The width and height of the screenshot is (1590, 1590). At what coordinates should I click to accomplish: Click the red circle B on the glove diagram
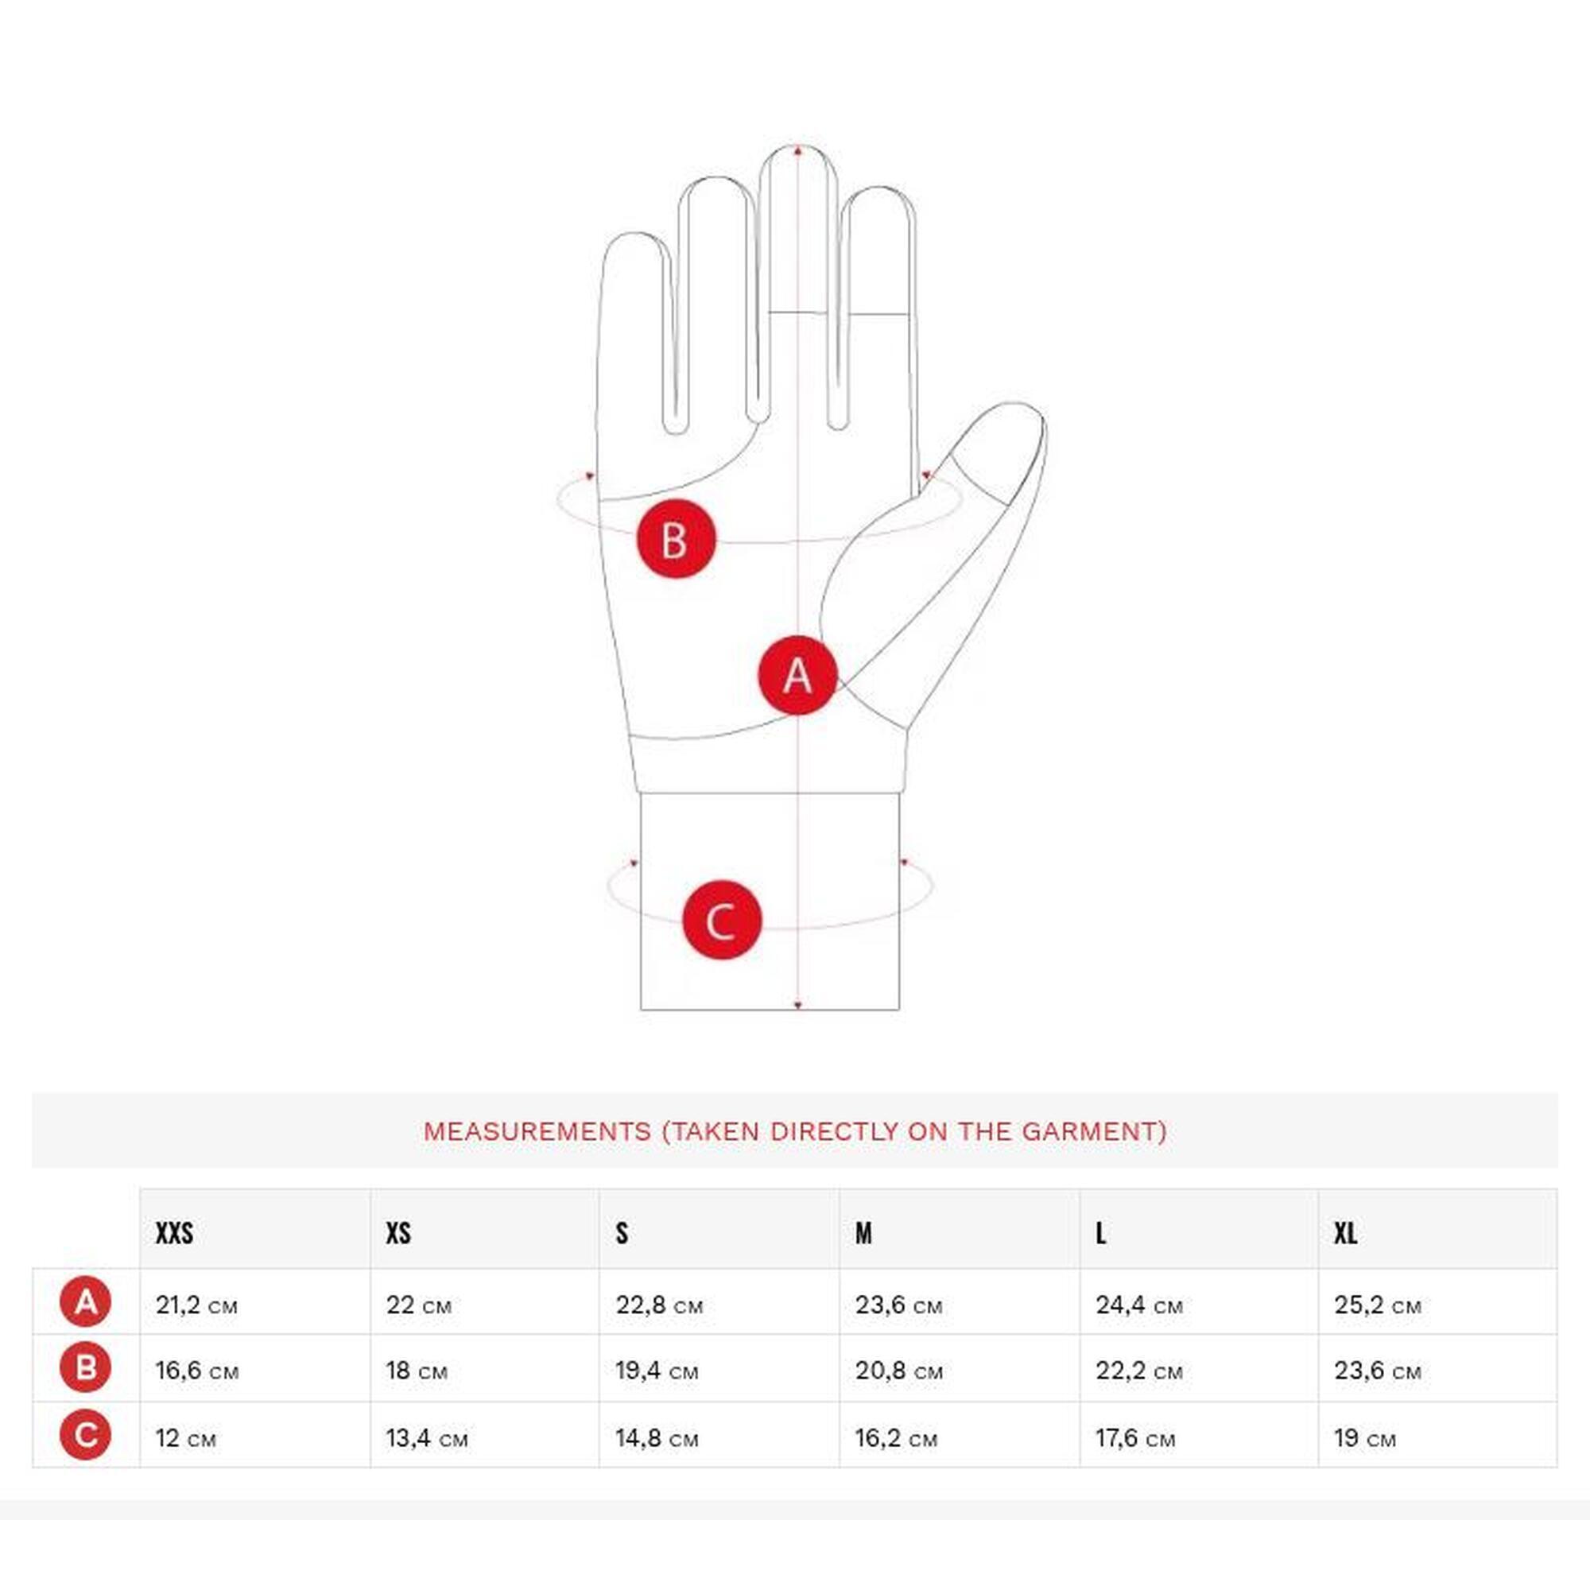677,539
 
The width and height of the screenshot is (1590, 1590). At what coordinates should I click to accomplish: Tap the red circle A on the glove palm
797,675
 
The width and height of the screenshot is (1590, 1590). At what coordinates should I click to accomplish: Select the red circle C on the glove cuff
722,920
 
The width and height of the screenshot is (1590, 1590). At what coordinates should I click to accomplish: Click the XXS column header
174,1233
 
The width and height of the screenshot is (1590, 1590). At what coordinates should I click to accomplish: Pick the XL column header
1346,1233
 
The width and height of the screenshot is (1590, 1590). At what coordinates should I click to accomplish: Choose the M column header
863,1233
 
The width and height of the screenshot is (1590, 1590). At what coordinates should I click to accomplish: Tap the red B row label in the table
86,1367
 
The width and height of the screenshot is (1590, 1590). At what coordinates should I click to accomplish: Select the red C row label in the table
86,1435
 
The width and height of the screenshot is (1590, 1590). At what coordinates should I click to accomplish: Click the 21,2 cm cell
196,1305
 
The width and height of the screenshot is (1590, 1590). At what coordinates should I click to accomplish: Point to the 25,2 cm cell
1378,1305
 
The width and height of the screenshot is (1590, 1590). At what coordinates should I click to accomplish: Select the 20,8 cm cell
898,1371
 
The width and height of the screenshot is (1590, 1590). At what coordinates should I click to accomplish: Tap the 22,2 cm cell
1139,1371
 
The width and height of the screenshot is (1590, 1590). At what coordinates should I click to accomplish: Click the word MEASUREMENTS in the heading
537,1131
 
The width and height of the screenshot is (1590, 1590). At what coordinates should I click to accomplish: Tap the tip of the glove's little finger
634,235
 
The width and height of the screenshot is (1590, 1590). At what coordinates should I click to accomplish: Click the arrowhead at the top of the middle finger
797,150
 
